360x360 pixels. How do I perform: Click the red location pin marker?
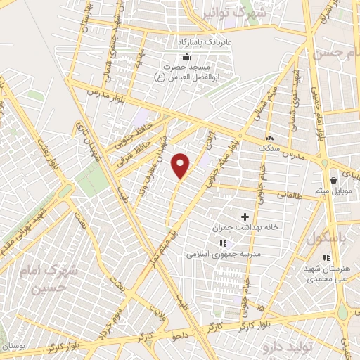click(181, 165)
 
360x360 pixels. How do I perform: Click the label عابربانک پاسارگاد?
click(193, 42)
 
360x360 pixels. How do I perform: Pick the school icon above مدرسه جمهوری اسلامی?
click(224, 243)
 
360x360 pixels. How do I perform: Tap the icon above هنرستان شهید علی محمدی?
click(324, 257)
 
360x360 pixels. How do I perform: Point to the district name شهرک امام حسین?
click(51, 276)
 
